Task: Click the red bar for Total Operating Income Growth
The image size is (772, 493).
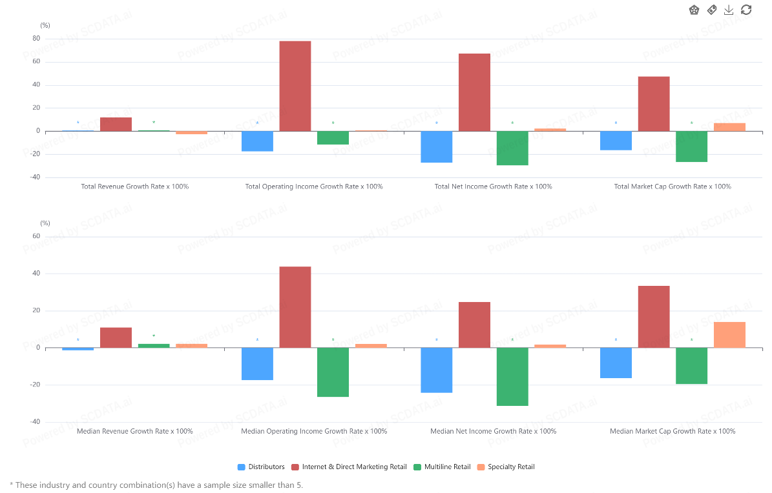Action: tap(295, 86)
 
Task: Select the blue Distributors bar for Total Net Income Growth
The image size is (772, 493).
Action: tap(437, 146)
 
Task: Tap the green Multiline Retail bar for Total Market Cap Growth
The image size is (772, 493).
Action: tap(692, 146)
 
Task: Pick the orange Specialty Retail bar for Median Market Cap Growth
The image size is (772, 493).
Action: tap(729, 334)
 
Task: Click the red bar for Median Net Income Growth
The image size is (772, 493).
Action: tap(474, 325)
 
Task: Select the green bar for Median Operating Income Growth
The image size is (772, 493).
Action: tap(333, 372)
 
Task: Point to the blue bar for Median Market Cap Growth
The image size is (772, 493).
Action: tap(616, 363)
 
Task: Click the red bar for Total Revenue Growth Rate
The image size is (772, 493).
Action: tap(116, 124)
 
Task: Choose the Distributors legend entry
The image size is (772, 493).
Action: tap(261, 467)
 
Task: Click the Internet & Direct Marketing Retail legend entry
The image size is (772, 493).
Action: tap(349, 467)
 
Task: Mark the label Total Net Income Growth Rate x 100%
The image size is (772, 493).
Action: tap(493, 186)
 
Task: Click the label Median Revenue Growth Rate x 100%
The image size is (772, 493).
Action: tap(134, 431)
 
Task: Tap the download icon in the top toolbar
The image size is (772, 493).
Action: tap(729, 10)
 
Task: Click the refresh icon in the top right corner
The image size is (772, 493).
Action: tap(746, 10)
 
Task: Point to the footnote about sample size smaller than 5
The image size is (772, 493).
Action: tap(156, 485)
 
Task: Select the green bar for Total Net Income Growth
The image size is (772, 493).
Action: tap(512, 148)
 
